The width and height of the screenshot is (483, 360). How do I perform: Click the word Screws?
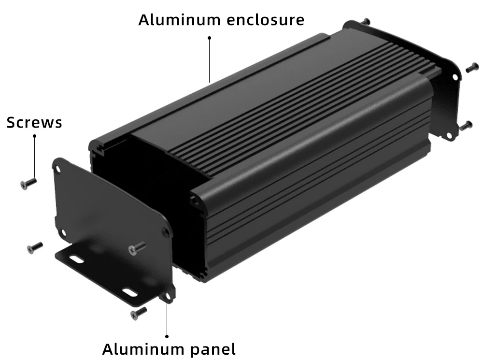coord(34,122)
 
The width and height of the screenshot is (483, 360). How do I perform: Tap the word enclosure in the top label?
coord(266,20)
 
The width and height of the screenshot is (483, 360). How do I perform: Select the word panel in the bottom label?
coord(213,349)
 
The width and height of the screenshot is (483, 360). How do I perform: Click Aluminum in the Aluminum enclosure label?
coord(179,20)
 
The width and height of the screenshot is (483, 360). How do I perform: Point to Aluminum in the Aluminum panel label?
coord(143,349)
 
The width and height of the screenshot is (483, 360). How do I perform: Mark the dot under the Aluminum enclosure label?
coord(210,38)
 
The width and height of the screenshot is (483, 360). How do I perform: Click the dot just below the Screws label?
coord(34,136)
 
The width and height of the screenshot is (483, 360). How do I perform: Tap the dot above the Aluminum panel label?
coord(167,336)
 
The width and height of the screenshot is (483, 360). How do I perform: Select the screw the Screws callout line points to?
coord(28,184)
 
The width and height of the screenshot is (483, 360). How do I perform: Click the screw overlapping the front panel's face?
coord(137,248)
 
